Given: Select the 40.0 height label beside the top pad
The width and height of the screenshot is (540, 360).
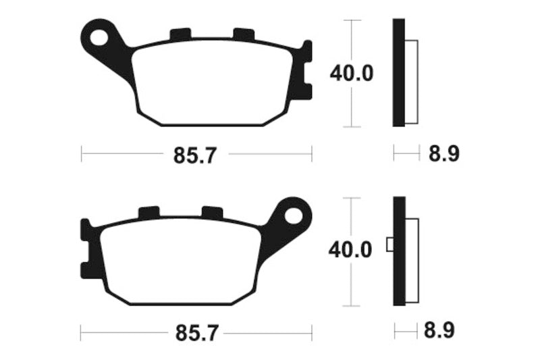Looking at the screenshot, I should (351, 73).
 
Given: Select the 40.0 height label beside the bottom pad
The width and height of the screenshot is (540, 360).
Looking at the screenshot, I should (350, 251).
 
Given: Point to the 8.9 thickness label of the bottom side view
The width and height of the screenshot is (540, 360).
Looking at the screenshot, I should (443, 332).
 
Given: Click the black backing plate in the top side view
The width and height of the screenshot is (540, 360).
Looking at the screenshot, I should (398, 73).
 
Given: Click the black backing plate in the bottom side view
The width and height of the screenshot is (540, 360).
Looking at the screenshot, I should (398, 251).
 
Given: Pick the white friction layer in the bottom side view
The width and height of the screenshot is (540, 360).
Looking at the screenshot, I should (412, 260).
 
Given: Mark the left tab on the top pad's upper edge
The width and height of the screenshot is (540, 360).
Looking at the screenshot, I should (180, 34).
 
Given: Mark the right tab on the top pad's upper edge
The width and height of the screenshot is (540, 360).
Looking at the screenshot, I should (242, 34).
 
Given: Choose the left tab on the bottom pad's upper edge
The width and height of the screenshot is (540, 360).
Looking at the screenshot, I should (148, 212).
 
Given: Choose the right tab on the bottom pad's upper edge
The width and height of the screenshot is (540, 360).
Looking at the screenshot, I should (212, 212).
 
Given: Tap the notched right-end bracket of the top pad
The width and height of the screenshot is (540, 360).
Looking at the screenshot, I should (306, 70).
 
